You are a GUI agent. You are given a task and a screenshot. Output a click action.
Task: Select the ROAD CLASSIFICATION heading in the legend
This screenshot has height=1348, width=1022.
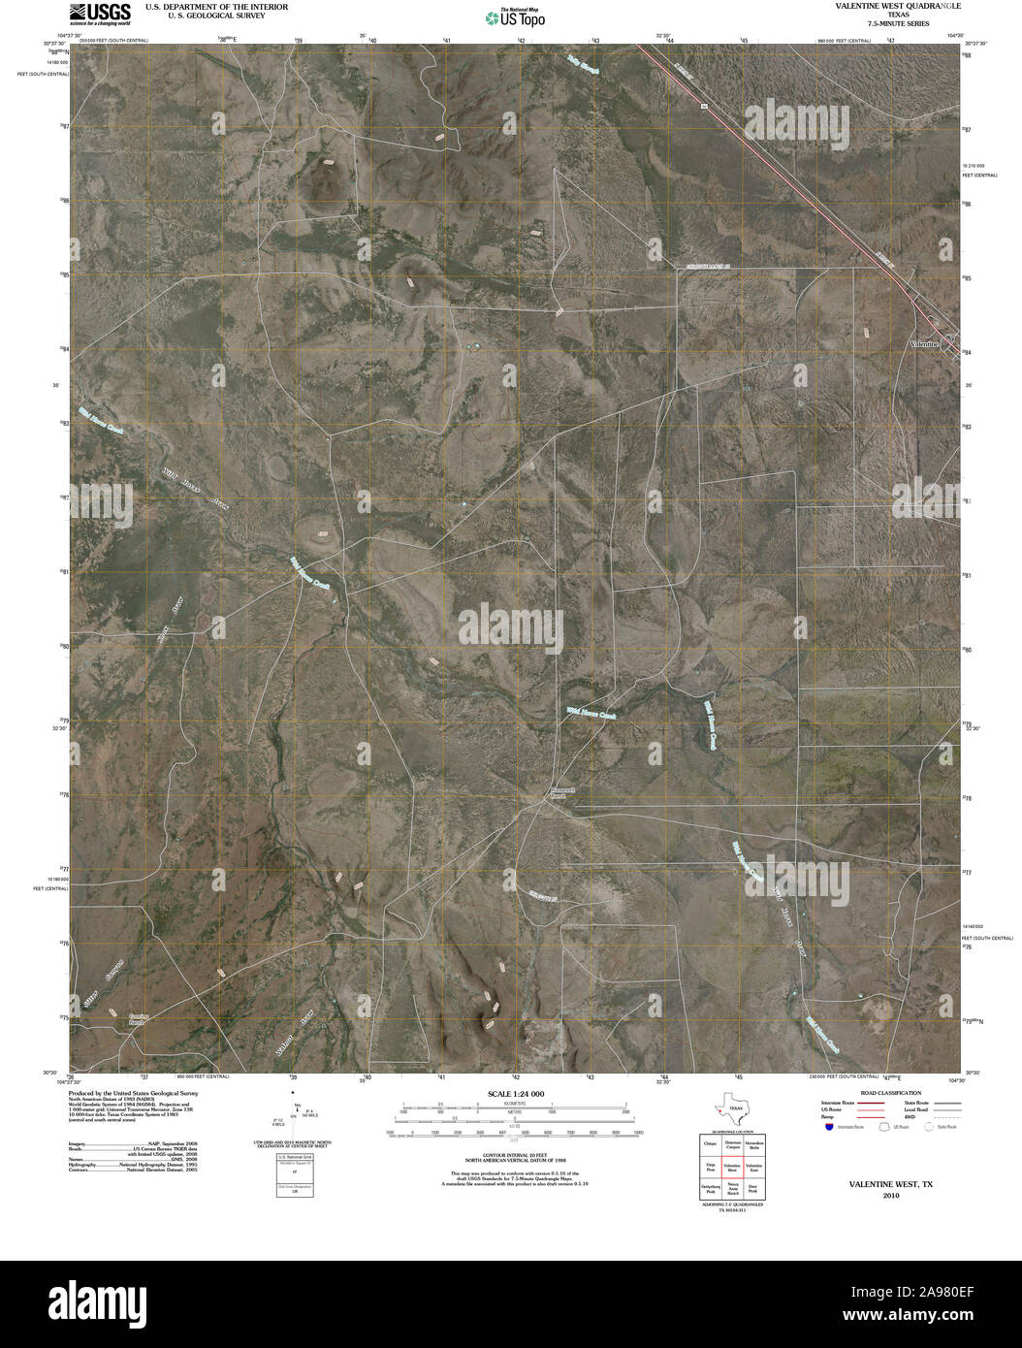click(881, 1093)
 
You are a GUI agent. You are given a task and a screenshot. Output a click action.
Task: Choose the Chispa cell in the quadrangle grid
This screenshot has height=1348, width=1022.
click(709, 1144)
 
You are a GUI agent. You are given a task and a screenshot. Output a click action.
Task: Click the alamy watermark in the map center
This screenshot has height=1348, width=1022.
click(510, 629)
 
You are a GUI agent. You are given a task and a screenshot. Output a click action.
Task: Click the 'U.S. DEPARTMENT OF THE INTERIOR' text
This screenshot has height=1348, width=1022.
click(217, 6)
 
